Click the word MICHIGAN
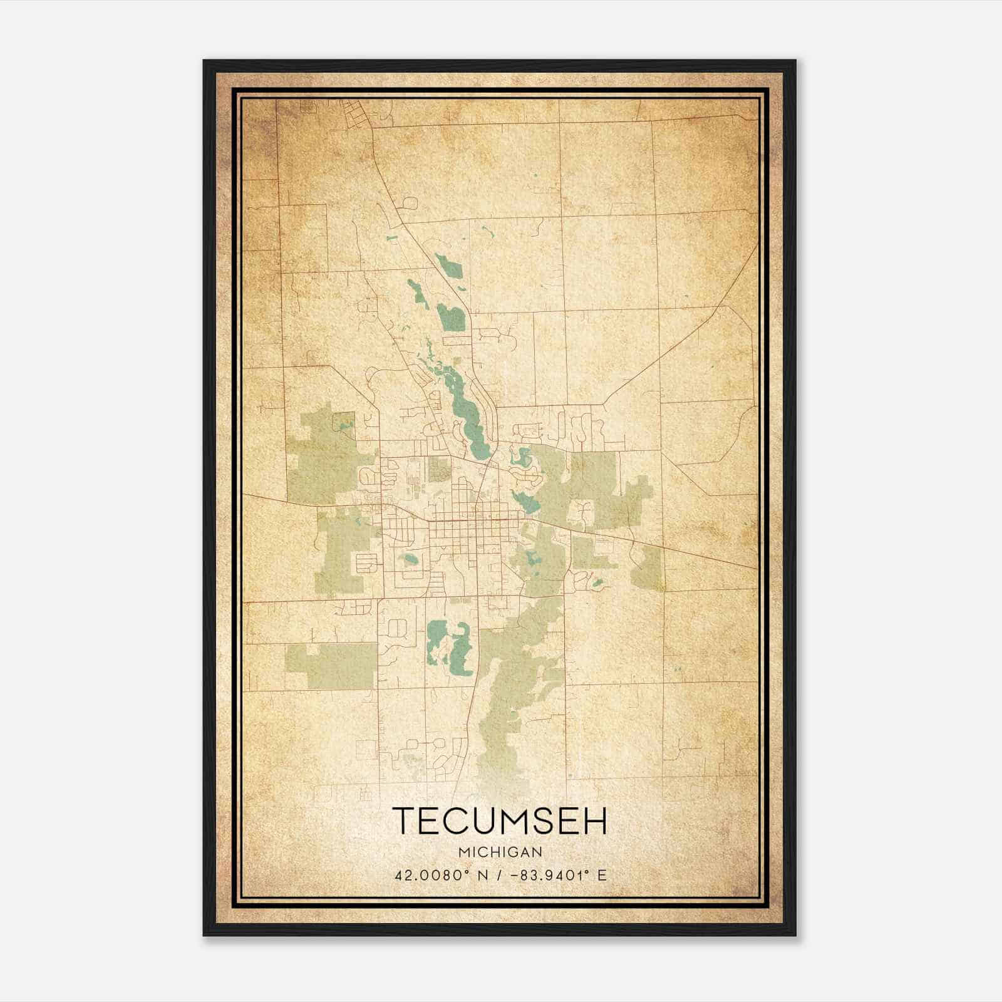(x=500, y=852)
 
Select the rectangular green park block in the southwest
(x=332, y=665)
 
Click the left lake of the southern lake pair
(x=435, y=642)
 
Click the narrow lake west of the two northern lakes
(x=418, y=294)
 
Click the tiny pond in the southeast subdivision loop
(x=597, y=584)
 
